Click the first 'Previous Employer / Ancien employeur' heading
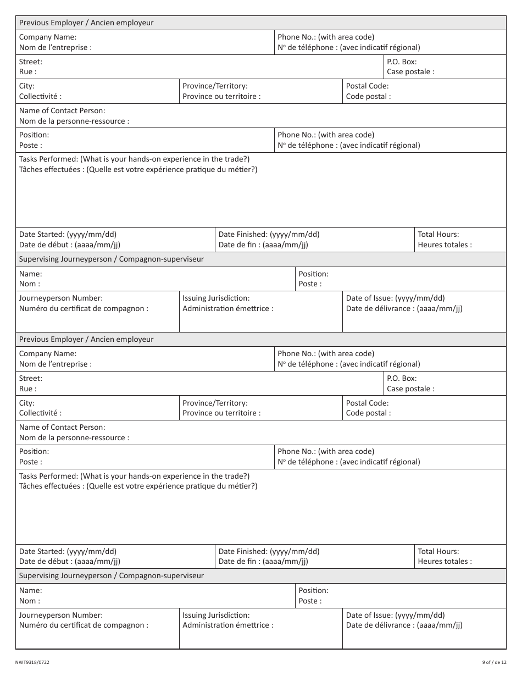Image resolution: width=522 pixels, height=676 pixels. coord(86,23)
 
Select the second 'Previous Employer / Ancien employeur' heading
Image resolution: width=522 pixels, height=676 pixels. coord(86,340)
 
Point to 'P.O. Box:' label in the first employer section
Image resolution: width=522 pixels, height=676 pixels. coord(402,62)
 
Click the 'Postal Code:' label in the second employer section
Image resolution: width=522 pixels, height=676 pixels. coord(367,403)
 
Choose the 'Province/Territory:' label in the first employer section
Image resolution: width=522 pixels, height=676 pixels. coord(215,86)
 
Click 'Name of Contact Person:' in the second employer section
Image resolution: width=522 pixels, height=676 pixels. coord(62,427)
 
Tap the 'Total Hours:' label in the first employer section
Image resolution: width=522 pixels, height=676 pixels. coord(438,234)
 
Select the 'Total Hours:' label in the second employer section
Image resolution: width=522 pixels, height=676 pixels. coord(438,551)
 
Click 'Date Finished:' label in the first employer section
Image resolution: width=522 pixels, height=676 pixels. coord(269,234)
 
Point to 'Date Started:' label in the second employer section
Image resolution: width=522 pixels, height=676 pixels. coord(68,551)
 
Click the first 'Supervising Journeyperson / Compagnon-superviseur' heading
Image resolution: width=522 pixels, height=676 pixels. coord(111,259)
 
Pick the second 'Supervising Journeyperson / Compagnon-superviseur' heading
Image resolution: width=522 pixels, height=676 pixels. coord(111,576)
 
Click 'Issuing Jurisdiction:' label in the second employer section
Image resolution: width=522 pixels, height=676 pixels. coord(216,616)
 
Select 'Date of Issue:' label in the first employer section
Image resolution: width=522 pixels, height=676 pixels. coord(395,298)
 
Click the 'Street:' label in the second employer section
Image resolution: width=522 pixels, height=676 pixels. coord(31,379)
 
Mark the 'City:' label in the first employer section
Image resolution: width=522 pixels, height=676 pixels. coord(27,86)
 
